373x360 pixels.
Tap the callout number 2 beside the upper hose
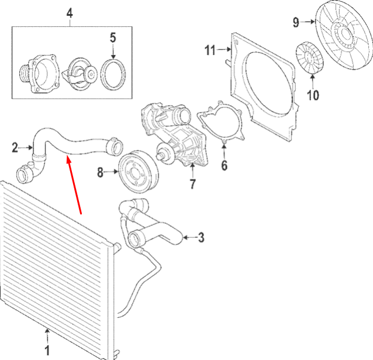15,147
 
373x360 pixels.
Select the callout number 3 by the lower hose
201,237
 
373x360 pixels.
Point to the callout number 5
113,38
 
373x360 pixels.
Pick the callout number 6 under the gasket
225,165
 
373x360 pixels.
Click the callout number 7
193,184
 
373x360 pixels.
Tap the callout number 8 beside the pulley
101,172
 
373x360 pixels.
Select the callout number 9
296,22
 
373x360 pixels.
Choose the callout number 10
313,95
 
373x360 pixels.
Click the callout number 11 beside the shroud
210,50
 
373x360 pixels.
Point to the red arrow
74,185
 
